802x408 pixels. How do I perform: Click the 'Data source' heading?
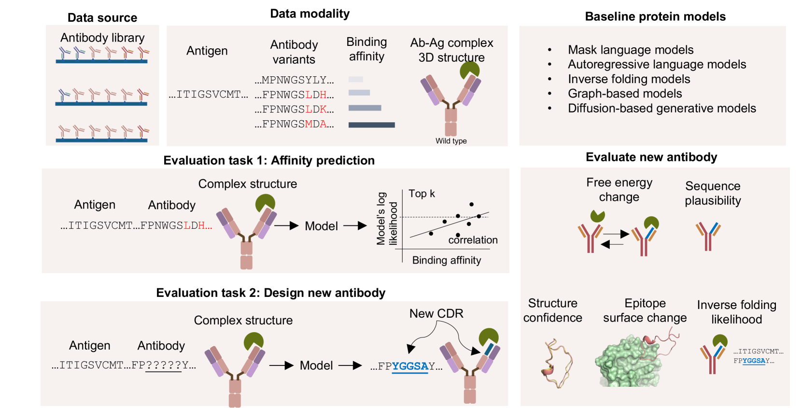102,18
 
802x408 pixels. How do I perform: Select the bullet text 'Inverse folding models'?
629,79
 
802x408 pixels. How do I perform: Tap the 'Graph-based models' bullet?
625,94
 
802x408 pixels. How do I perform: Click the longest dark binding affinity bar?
371,125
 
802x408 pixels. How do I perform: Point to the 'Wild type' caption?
451,141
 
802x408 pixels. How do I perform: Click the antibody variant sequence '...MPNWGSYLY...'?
294,80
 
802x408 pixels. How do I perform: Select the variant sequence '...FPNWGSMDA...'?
294,124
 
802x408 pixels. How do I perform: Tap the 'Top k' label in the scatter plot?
422,194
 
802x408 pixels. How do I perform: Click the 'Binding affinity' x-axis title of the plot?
447,260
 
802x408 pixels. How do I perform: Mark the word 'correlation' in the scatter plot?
473,240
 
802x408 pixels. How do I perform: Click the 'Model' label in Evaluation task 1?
321,226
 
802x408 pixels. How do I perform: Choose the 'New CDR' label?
436,314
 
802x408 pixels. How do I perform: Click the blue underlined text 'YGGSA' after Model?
410,366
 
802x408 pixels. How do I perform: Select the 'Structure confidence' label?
552,310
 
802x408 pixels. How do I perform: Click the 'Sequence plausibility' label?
713,193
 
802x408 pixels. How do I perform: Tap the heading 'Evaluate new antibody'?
651,157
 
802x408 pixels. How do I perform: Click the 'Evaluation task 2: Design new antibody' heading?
270,293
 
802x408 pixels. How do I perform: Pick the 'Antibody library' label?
102,38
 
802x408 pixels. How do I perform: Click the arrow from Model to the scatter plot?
355,225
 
